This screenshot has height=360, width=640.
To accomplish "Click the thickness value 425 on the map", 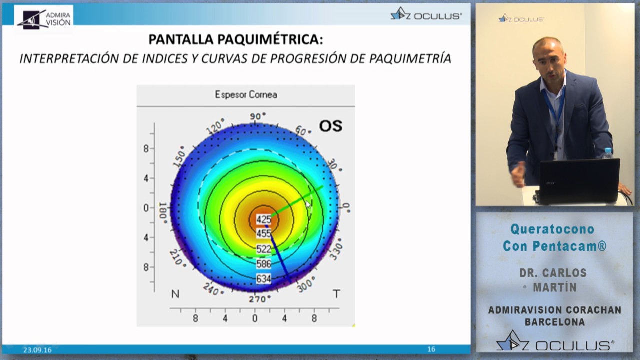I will (x=263, y=219).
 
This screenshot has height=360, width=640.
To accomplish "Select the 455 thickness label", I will (x=263, y=233).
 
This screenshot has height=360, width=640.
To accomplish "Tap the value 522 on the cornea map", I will (x=263, y=249).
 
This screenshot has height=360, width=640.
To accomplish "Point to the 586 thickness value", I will (x=263, y=264).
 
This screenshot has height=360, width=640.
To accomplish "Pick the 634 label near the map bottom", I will (x=263, y=278).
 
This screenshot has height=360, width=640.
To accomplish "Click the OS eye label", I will (x=330, y=126).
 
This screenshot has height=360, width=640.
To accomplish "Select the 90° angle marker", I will (x=258, y=116).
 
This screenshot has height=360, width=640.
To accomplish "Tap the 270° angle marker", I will (x=260, y=299).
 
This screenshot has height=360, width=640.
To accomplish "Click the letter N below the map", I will (x=175, y=294).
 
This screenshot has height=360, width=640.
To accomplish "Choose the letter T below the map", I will (x=336, y=294).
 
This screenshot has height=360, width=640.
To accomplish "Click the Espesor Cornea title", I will (x=246, y=94).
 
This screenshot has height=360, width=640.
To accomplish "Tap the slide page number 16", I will (x=431, y=349).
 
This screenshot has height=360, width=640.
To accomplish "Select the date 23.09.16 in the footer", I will (x=37, y=350).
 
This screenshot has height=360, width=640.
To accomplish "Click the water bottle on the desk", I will (x=607, y=154).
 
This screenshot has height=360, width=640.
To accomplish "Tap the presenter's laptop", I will (x=578, y=181).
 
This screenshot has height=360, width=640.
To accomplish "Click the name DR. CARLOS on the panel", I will (x=553, y=273).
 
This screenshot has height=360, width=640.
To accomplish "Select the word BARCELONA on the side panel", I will (x=554, y=322).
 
